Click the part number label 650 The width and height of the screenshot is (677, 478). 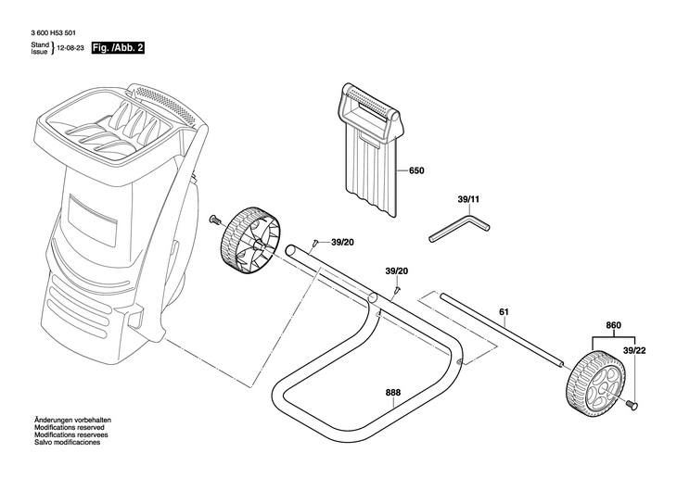click(x=416, y=170)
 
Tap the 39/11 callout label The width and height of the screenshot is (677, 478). click(x=468, y=200)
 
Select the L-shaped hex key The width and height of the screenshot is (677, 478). click(x=459, y=229)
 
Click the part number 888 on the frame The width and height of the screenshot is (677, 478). click(x=393, y=393)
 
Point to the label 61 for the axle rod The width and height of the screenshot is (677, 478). click(x=504, y=312)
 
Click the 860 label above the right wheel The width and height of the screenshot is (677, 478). click(x=613, y=325)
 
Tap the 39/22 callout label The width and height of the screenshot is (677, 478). click(x=634, y=351)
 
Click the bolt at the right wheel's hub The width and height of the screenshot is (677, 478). click(x=632, y=404)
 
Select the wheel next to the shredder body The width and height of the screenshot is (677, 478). click(x=250, y=240)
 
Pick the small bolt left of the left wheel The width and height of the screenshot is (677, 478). click(x=214, y=220)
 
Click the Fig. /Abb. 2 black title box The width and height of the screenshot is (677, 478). click(x=118, y=48)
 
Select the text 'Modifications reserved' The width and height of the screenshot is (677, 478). click(x=69, y=428)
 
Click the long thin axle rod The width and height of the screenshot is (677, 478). click(x=502, y=330)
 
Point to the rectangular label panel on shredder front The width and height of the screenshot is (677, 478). click(x=93, y=220)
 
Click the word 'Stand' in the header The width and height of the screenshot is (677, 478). click(x=40, y=44)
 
